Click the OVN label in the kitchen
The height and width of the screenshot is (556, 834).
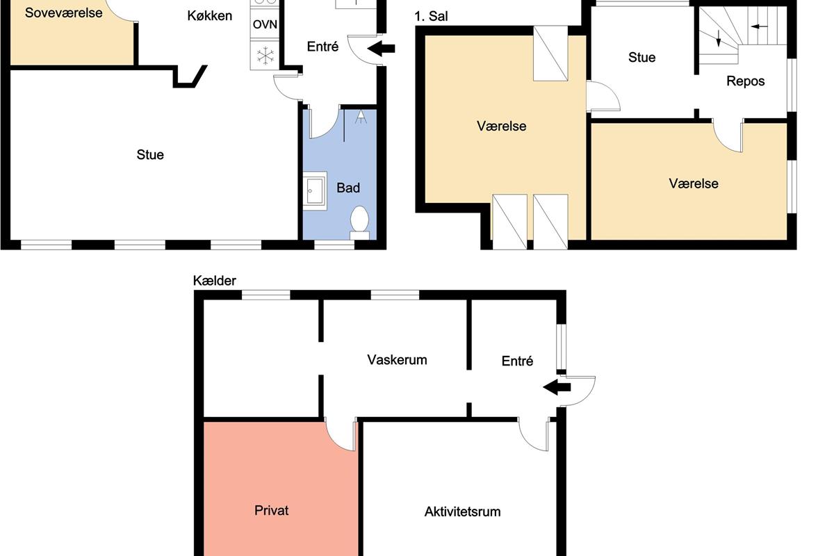point(265,24)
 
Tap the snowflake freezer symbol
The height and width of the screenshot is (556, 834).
point(265,56)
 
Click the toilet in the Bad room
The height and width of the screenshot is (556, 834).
point(359,222)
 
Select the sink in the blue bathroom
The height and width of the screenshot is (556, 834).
point(315,190)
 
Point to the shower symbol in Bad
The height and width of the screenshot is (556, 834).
point(361,117)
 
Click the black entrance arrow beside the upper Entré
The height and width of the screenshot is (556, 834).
point(381,49)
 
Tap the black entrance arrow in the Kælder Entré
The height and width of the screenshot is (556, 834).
point(557,387)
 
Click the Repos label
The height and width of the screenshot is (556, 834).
point(745,81)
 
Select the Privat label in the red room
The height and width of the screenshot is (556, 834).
point(272,510)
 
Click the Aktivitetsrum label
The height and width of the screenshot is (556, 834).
point(462,512)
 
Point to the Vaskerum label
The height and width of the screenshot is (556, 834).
point(397,360)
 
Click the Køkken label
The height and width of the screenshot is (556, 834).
point(210,16)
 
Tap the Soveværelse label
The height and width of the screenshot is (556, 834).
point(64,13)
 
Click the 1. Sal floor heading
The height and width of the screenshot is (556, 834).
point(431,17)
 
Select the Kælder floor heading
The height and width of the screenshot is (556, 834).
point(215,280)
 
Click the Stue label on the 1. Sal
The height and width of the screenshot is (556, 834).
point(642,58)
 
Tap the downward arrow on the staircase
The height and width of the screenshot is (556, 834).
point(718,38)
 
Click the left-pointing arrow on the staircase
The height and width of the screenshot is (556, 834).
point(759,26)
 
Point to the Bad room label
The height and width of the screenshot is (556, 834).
point(348,188)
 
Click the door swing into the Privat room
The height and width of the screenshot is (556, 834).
point(341,436)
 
